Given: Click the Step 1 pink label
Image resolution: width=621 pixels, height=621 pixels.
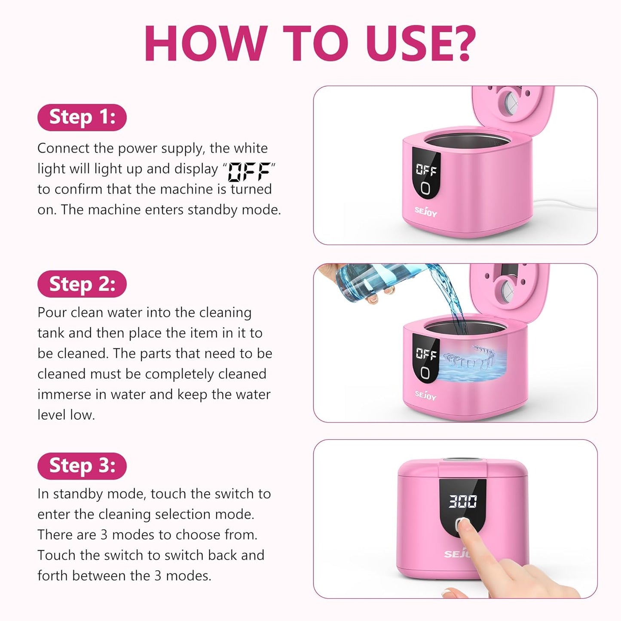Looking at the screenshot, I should pos(82,117).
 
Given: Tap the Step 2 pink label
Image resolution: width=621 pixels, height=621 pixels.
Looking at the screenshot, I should pos(82,284).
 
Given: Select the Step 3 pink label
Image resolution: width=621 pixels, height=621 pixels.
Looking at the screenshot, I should pos(82,466).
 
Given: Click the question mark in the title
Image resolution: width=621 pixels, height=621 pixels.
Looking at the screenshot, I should pos(460,43).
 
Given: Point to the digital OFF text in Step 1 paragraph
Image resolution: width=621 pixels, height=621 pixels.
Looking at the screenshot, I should pos(249,171).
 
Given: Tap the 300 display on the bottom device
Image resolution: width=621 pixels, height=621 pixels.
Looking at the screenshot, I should pos(462,501).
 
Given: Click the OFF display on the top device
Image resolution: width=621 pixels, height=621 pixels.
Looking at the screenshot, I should pos(426,170).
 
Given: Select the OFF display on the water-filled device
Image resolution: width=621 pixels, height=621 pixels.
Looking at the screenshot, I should pos(426,354).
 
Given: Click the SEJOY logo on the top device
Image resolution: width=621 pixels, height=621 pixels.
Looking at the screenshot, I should pos(425,211).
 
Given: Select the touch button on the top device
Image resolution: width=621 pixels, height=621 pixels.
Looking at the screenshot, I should pos(425,188).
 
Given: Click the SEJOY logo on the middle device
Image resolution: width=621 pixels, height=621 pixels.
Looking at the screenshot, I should pos(425,395).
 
